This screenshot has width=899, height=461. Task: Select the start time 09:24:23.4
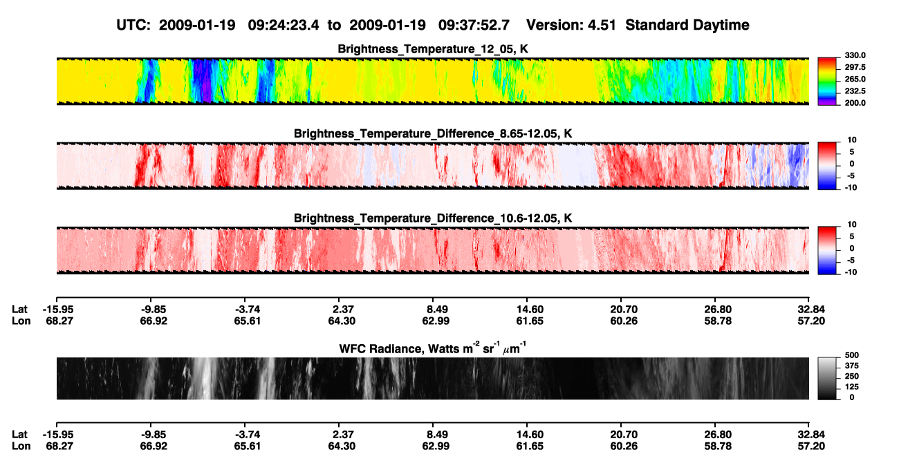(284, 26)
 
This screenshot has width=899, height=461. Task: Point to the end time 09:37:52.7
(474, 26)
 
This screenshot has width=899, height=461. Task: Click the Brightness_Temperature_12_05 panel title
(433, 49)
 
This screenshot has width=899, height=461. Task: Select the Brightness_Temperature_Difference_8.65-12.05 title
(433, 133)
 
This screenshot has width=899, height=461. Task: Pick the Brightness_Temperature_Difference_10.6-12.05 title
(433, 218)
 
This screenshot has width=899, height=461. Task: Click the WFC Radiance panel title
(433, 348)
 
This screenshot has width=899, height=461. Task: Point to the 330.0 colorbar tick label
(855, 55)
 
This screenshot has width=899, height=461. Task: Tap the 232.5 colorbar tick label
(855, 91)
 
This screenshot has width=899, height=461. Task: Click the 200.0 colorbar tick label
(855, 103)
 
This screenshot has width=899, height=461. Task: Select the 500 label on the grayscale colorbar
(852, 355)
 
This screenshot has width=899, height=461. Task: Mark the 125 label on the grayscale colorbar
(852, 387)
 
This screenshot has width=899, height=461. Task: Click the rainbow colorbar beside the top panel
(827, 82)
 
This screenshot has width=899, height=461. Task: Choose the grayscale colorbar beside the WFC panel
(827, 378)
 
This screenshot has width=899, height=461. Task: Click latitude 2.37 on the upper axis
(343, 310)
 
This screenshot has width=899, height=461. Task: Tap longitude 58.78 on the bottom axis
(718, 446)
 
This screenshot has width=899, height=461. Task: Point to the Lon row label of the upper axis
(21, 321)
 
